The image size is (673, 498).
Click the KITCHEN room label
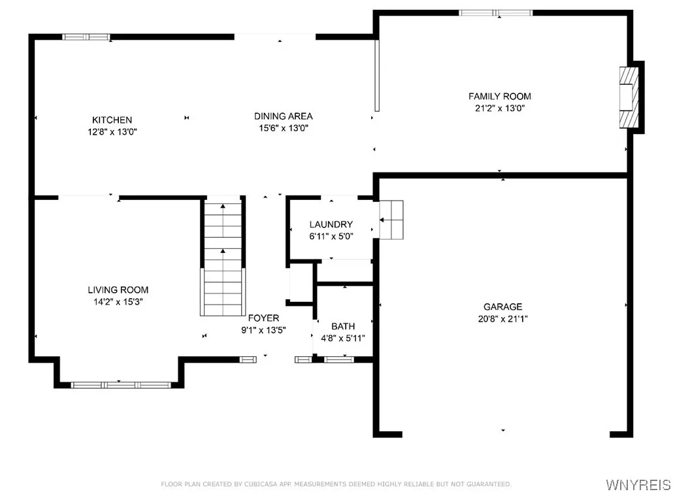pos(112,120)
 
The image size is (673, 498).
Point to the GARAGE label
pos(502,307)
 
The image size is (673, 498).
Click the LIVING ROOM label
pos(118,290)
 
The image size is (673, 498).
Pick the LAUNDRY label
pos(331,225)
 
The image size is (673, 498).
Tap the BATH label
pos(342,326)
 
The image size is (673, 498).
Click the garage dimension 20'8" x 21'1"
pos(502,319)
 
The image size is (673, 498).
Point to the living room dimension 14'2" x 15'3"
pos(118,302)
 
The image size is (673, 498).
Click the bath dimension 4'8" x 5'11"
pos(342,339)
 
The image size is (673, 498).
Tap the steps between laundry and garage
pos(391,221)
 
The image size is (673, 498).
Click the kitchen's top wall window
pos(86,37)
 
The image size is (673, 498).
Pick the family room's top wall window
pos(495,13)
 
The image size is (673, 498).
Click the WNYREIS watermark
pos(638,484)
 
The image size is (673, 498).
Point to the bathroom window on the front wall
pos(338,359)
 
